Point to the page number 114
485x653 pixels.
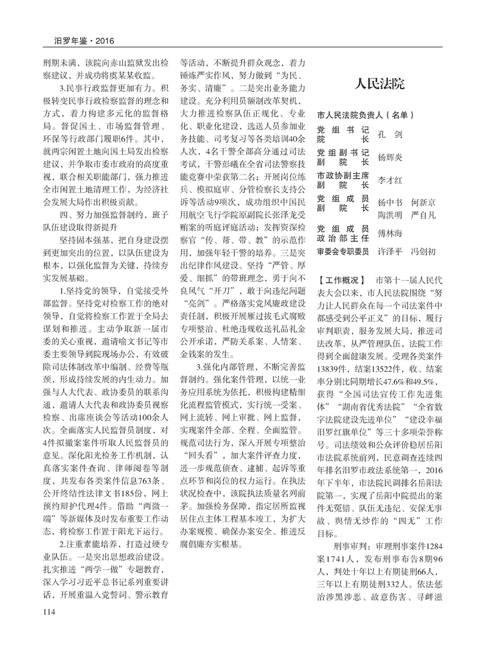click(x=49, y=610)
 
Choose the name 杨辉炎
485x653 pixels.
click(x=390, y=157)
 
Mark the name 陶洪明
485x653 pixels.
click(x=390, y=213)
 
